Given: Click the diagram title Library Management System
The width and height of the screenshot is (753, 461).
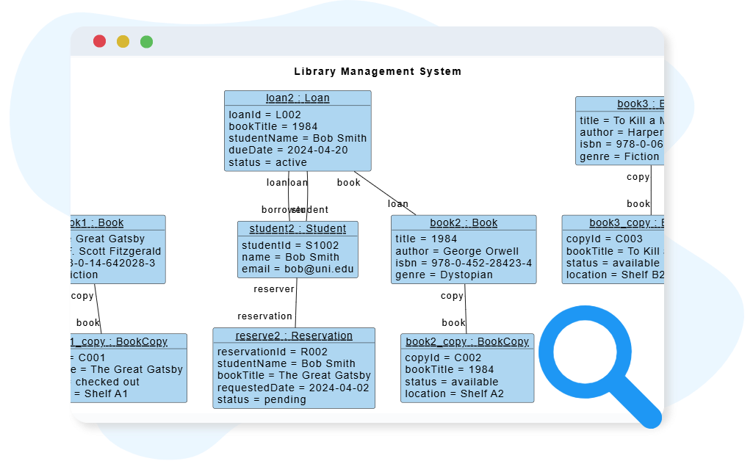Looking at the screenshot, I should click(x=378, y=71).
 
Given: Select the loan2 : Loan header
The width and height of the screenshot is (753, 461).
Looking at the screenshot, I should click(x=298, y=98).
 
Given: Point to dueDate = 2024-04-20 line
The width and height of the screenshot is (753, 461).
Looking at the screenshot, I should click(x=288, y=150).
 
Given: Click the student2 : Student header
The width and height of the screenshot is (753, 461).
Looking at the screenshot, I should click(x=298, y=229).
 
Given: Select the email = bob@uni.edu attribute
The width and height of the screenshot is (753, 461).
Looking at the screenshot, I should click(x=298, y=269).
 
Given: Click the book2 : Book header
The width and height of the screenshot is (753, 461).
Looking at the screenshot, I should click(x=464, y=223).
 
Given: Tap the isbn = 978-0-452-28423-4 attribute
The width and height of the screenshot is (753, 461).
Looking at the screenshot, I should click(x=464, y=263).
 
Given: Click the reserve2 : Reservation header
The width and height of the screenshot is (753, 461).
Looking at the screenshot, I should click(x=294, y=336).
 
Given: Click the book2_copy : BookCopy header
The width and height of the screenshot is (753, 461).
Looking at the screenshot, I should click(x=467, y=342).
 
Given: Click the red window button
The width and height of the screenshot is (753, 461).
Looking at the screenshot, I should click(x=99, y=41).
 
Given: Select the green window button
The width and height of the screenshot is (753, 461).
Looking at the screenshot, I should click(x=146, y=41).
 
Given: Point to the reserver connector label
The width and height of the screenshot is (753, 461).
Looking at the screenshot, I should click(x=274, y=289).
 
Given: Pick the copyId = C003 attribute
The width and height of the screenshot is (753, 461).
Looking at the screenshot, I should click(x=604, y=239).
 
